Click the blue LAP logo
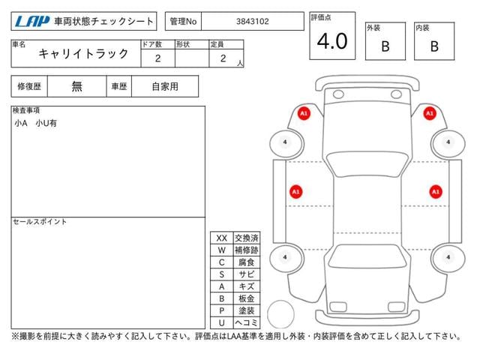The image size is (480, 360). pos(31,22)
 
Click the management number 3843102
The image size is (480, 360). pos(253,22)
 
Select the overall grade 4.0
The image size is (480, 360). pos(332,41)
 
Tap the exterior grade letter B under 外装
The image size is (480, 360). pos(385,46)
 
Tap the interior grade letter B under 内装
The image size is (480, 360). pos(434,46)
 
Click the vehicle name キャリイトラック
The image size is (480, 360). pos(83,53)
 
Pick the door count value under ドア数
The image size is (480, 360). pos(157,58)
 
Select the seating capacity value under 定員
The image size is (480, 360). pos(223,58)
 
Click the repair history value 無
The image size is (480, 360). pos(76,86)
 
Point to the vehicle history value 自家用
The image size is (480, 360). pos(165,86)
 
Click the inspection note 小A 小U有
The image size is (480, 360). pos(35,123)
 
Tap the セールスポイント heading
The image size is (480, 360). pos(40,222)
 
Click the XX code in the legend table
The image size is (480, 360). pos(222,238)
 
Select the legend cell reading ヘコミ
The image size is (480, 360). pos(247,322)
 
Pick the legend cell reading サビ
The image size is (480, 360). pos(247,274)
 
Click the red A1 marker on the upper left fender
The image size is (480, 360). pos(304,113)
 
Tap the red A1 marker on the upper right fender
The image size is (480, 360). pos(430,113)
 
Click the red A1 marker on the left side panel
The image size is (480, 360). pos(296,192)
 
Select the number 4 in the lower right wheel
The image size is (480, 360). pos(448,257)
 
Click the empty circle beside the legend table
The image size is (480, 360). pos(280,301)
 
